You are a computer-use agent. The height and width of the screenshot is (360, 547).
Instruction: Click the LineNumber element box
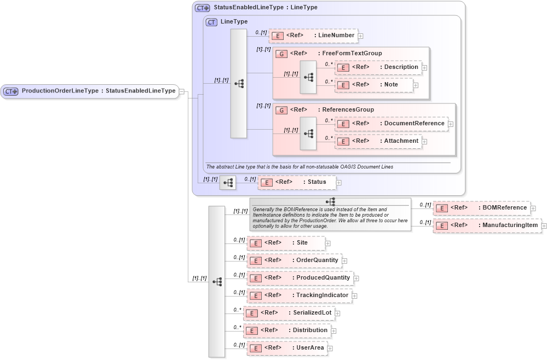coord(313,36)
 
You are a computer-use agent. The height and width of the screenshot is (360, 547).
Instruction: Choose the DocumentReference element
coord(391,124)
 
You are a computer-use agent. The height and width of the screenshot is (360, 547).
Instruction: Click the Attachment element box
coord(378,141)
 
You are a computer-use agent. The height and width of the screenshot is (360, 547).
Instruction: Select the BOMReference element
coord(481,208)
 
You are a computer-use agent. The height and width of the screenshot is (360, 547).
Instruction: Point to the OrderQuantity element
coord(294,260)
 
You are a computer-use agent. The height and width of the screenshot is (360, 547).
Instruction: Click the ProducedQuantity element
coord(300,278)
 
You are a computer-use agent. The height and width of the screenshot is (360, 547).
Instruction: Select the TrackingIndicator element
coord(299,295)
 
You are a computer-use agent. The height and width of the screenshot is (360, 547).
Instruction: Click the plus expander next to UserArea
coord(330,348)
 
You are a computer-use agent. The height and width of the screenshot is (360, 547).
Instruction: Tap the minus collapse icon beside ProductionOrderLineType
coord(181,91)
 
